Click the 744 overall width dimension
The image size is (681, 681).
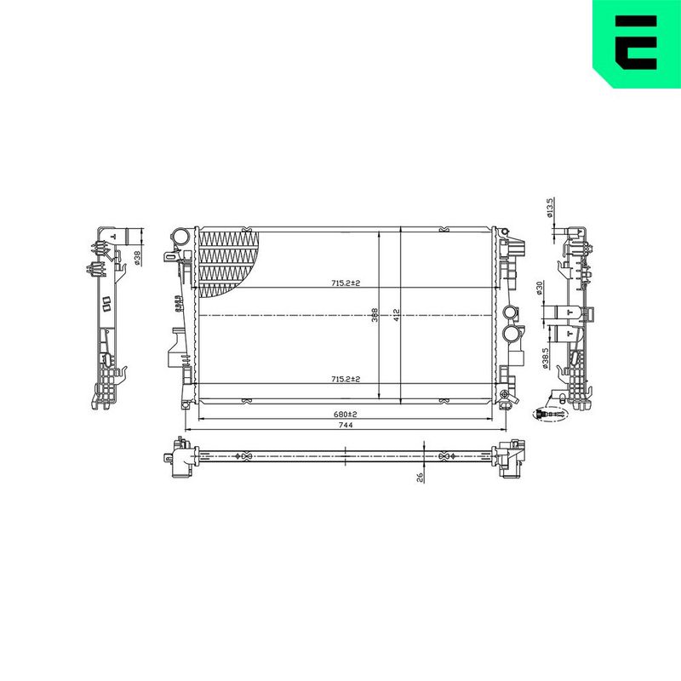[x=346, y=425]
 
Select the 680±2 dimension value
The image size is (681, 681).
[x=345, y=415]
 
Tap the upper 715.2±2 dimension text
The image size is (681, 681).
[x=346, y=283]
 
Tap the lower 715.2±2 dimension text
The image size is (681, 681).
[x=346, y=379]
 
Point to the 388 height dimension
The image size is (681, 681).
[x=375, y=315]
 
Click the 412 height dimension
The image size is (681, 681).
[x=396, y=315]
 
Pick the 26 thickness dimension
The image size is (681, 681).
[x=420, y=478]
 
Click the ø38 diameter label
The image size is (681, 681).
[x=136, y=258]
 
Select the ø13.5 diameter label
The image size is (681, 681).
[x=549, y=208]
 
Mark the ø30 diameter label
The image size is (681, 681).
[x=540, y=289]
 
